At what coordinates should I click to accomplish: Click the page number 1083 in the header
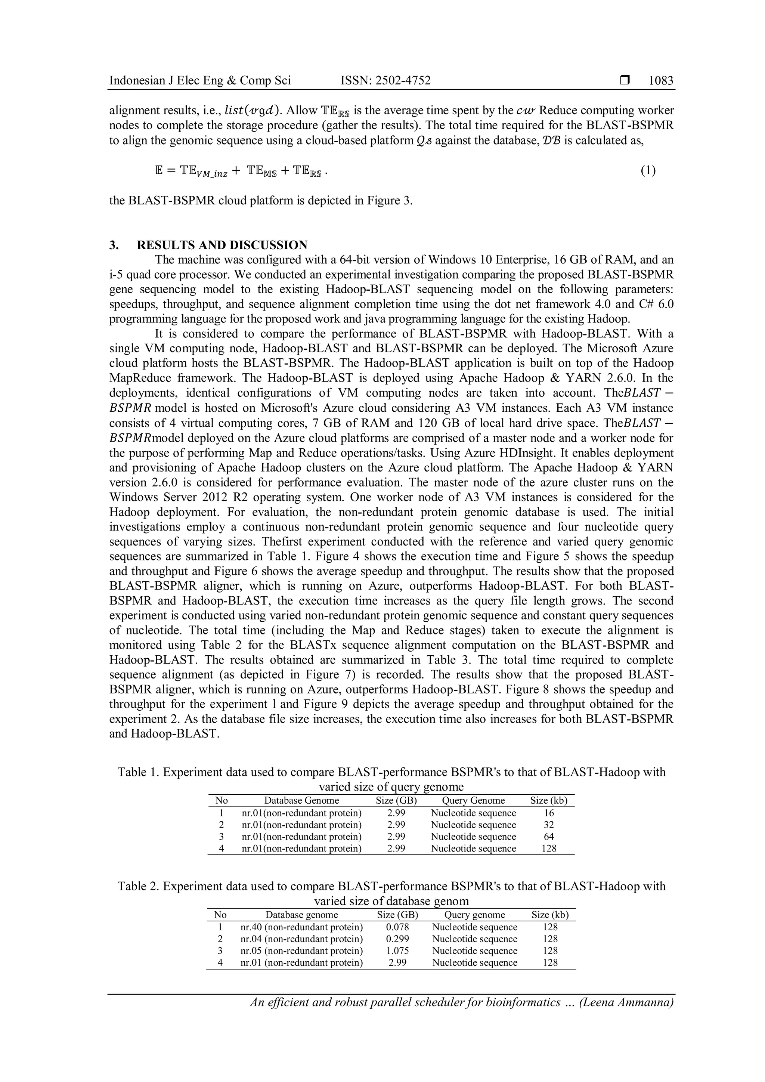pos(660,81)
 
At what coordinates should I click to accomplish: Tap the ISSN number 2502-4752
pos(385,81)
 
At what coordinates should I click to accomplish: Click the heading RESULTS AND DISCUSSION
pos(222,245)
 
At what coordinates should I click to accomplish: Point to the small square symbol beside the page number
pos(625,81)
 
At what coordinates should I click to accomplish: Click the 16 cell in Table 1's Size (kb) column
pos(549,813)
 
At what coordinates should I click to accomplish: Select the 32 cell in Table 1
pos(549,825)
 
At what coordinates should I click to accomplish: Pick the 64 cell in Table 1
pos(549,837)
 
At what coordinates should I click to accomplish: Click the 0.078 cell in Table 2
pos(397,927)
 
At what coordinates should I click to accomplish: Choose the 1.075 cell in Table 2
pos(397,950)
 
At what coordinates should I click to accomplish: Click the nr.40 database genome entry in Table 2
pos(301,927)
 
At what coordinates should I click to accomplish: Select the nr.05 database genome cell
pos(301,950)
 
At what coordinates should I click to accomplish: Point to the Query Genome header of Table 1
pos(473,801)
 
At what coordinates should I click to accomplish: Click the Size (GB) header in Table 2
pos(397,915)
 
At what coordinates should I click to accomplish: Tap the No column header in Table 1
pos(222,801)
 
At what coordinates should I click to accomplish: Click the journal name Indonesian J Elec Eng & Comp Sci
pos(200,81)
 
